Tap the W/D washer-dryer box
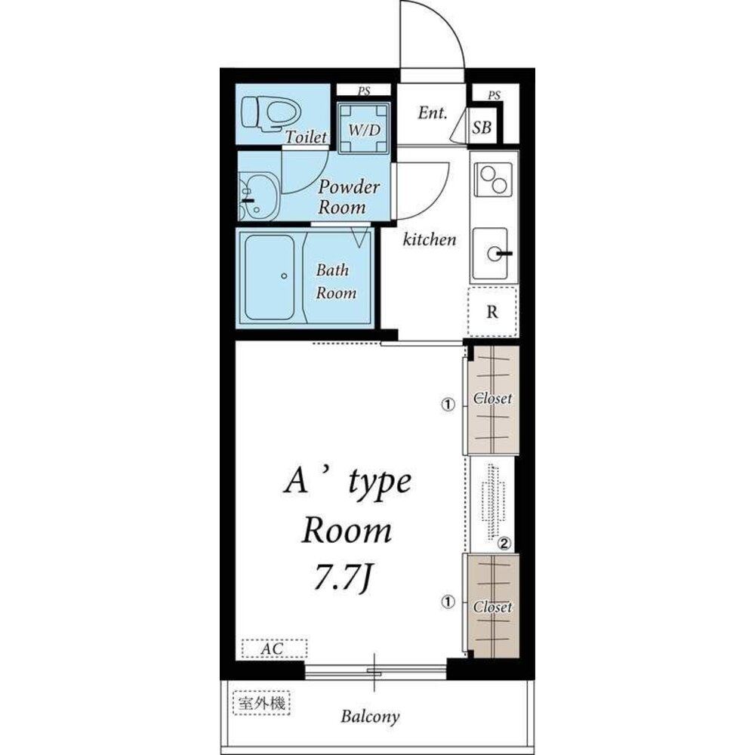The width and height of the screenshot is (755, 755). point(364,128)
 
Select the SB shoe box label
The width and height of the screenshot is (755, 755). point(482,127)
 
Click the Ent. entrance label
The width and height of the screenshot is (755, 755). point(433,113)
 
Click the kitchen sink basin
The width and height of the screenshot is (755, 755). point(490,253)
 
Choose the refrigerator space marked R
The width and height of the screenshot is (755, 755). point(492,312)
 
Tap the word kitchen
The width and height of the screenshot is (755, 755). point(429,239)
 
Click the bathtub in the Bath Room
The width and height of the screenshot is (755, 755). point(270,277)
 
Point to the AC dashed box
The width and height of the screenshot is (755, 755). point(274,648)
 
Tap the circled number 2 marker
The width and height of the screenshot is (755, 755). point(504,544)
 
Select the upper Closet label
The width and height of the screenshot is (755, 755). point(492,399)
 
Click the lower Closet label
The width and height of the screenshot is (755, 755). point(492,607)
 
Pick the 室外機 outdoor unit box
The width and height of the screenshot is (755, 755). point(261,704)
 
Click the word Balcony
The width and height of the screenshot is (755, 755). point(370,716)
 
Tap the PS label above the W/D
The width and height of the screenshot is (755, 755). point(364,90)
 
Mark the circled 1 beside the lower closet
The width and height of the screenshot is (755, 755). point(448,602)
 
